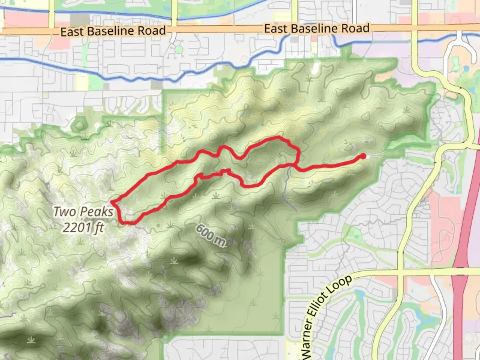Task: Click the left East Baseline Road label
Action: click(x=113, y=31)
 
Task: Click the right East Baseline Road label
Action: click(x=317, y=29)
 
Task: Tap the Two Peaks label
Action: click(x=83, y=212)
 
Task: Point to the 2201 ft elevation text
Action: click(x=83, y=228)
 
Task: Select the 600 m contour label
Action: click(x=210, y=235)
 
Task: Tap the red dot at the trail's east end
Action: click(x=363, y=156)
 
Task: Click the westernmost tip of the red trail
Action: click(x=112, y=202)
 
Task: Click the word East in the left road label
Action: click(x=72, y=32)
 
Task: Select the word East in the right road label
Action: click(x=276, y=29)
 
